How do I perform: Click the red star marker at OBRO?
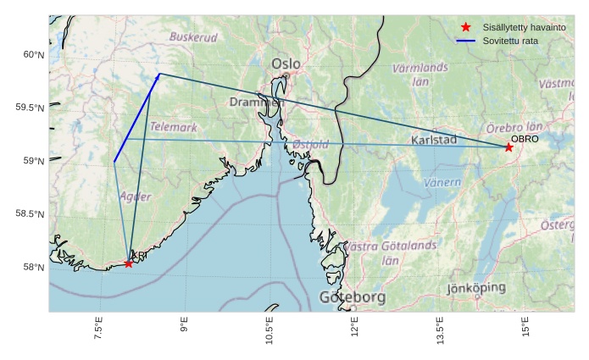508,147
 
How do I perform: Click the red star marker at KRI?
128,263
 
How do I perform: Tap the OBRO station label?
525,138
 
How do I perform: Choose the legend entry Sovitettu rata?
510,40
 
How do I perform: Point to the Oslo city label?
286,64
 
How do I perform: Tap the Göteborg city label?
353,297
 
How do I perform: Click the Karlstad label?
434,140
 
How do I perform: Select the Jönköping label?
476,288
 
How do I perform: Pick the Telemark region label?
173,127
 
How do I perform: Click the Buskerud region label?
193,37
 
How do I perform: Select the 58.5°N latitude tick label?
30,214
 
